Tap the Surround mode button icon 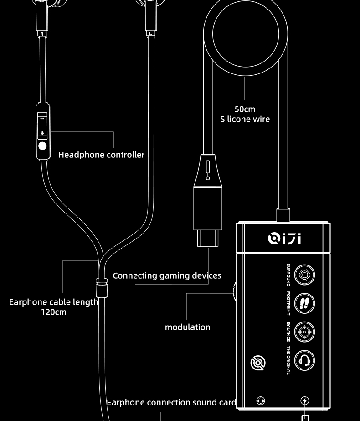(x=304, y=275)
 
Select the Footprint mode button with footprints (x=304, y=303)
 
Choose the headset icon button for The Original (x=304, y=360)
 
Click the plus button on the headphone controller (x=42, y=133)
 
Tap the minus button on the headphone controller (x=42, y=118)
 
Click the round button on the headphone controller (x=42, y=146)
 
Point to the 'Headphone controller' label (x=101, y=155)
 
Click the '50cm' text (x=245, y=109)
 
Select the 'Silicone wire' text (x=245, y=119)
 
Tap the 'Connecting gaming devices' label (x=167, y=275)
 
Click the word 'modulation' (x=187, y=327)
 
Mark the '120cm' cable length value (x=53, y=312)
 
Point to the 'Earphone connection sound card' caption (x=171, y=402)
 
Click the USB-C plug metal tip (x=208, y=238)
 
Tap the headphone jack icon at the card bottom (x=261, y=400)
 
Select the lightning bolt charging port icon (x=305, y=400)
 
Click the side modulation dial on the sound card (x=234, y=292)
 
